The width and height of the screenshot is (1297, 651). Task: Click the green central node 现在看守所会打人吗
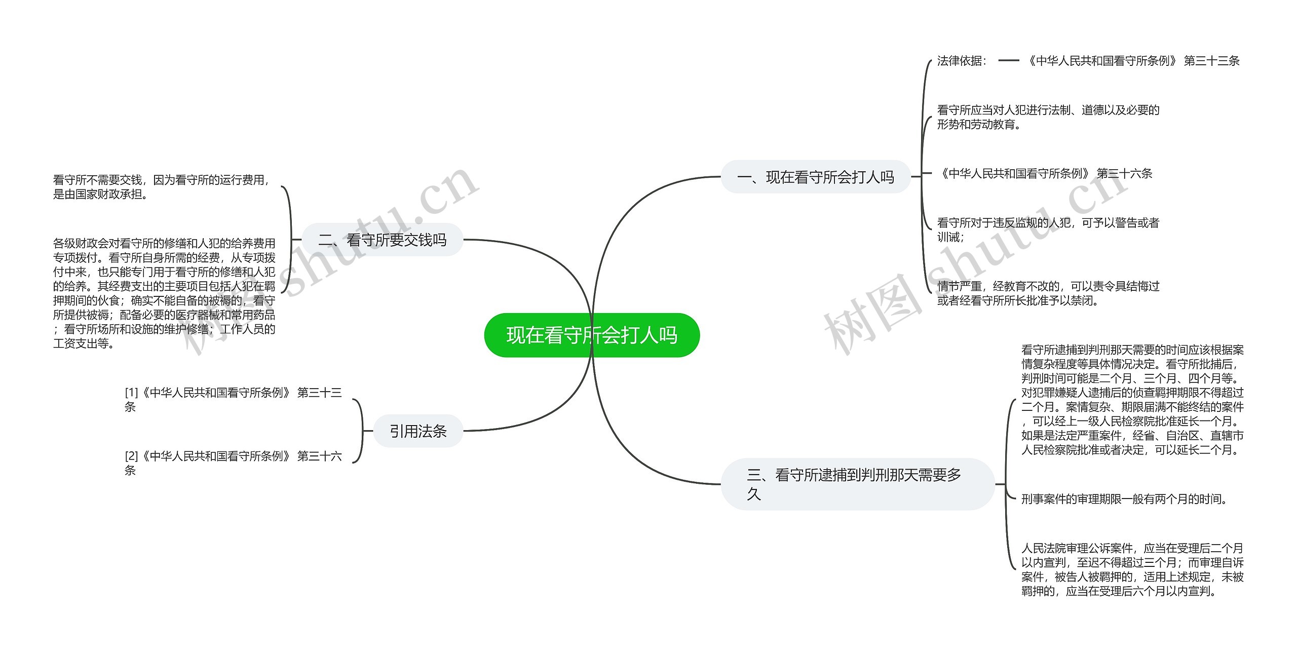coord(592,335)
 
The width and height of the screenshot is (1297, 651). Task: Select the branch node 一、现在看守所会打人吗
coord(815,177)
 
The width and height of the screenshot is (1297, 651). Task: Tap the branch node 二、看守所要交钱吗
coord(383,240)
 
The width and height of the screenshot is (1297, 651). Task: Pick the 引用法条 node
coord(418,431)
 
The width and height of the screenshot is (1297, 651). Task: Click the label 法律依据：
coord(962,61)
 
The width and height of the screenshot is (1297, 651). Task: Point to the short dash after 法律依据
coord(1008,61)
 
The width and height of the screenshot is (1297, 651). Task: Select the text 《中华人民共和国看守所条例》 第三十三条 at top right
coord(1133,61)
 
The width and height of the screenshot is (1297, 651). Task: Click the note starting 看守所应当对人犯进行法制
coord(1048,117)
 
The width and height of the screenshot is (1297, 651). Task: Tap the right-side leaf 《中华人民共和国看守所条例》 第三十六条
coord(1045,174)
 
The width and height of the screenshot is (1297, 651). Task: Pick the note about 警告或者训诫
coord(1048,229)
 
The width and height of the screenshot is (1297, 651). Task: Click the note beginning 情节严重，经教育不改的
coord(1048,293)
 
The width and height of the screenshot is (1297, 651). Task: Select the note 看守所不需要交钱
coord(161,187)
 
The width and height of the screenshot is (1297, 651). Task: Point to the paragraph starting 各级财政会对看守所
coord(164,293)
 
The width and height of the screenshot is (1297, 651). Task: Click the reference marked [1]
coord(233,399)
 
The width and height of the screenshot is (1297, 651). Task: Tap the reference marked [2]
coord(233,463)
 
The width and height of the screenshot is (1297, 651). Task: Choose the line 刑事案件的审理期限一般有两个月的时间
coord(1125,500)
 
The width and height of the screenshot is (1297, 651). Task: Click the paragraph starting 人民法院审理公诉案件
coord(1132,569)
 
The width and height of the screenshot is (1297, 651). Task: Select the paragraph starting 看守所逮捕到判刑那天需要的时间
coord(1132,400)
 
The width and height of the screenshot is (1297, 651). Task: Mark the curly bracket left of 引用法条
coord(359,431)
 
